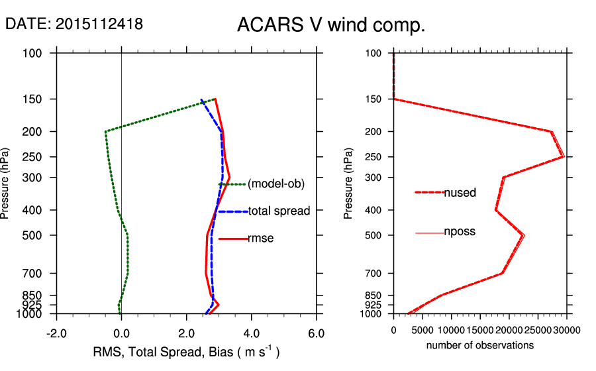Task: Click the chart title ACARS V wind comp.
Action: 330,26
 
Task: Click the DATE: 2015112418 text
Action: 74,24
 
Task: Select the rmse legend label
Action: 260,238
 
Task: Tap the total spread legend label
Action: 279,211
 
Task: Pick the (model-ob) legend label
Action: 275,184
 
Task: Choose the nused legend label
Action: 460,193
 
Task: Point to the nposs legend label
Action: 460,232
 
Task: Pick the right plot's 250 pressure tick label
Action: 374,157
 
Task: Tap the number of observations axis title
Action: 479,345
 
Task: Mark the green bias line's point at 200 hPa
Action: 105,132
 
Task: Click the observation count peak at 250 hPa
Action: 563,156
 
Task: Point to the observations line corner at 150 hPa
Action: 394,99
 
